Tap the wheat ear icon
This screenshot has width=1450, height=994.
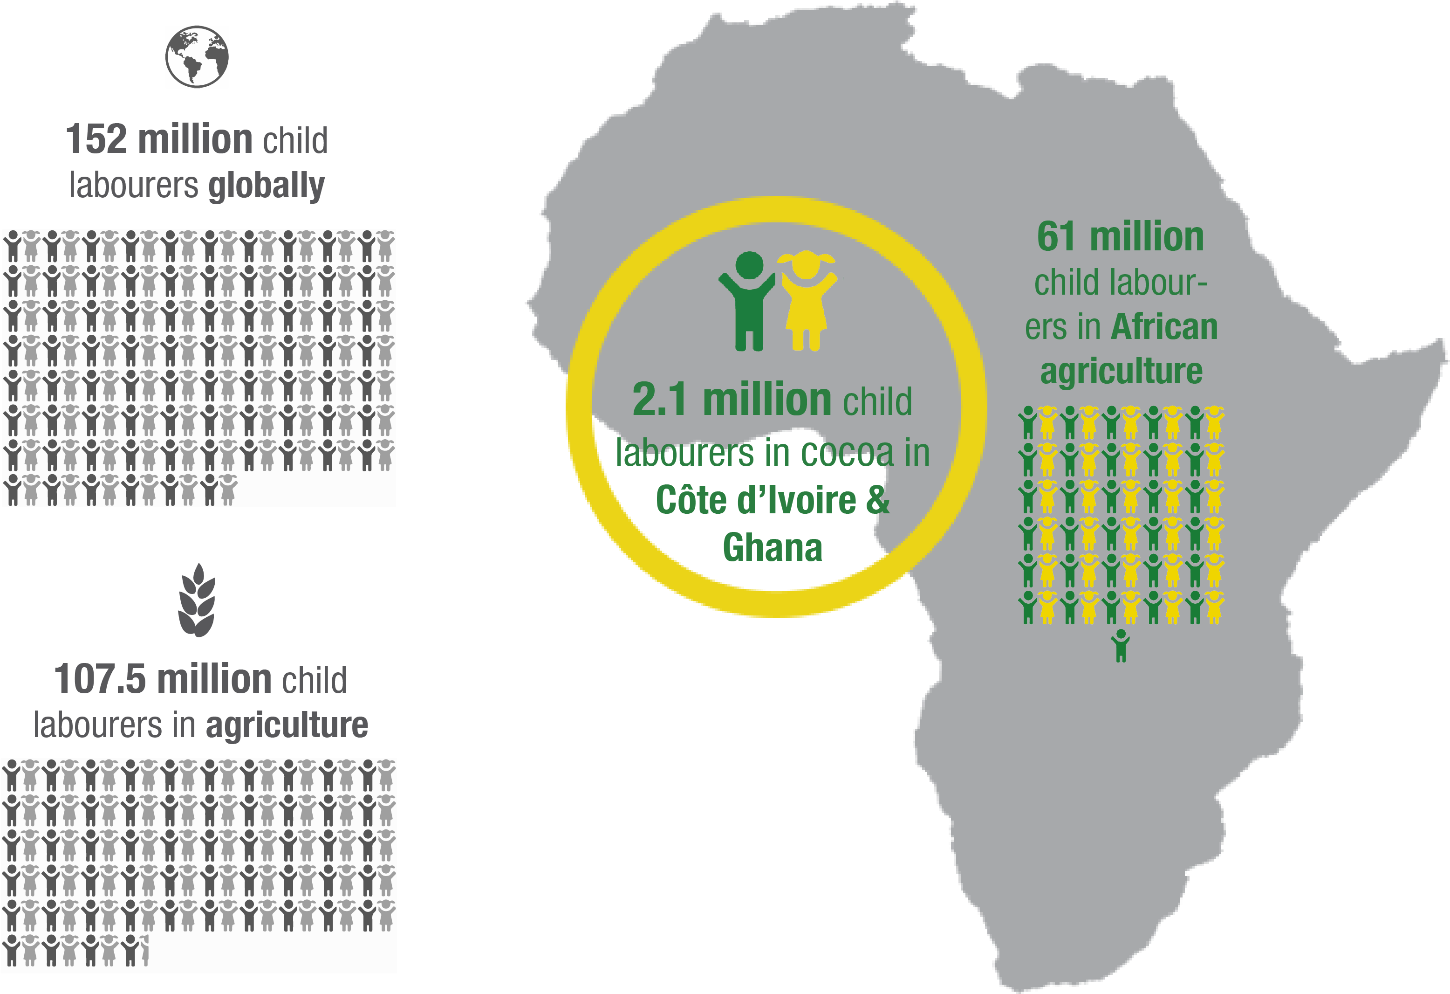pyautogui.click(x=197, y=600)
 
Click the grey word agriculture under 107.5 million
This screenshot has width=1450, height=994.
pyautogui.click(x=287, y=725)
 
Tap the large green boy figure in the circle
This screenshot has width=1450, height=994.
pyautogui.click(x=748, y=300)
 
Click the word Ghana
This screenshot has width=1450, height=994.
pyautogui.click(x=773, y=547)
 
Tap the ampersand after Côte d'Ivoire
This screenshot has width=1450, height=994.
pyautogui.click(x=877, y=501)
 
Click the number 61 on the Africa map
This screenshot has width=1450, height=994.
pyautogui.click(x=1056, y=237)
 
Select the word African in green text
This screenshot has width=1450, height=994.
pyautogui.click(x=1164, y=327)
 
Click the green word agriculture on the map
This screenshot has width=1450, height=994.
pyautogui.click(x=1121, y=372)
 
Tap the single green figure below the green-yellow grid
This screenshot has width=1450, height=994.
pyautogui.click(x=1121, y=645)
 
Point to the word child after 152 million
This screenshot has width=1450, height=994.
pyautogui.click(x=295, y=140)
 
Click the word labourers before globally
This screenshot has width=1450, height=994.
pyautogui.click(x=134, y=186)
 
